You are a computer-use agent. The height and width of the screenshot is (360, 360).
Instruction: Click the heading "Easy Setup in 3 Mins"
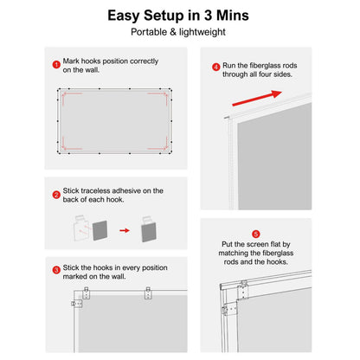tap(179, 16)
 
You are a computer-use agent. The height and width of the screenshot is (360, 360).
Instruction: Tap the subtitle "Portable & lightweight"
tap(179, 32)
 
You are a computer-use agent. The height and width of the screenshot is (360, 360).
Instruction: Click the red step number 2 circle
tap(57, 196)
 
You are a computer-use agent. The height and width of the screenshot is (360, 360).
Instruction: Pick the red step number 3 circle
tap(57, 270)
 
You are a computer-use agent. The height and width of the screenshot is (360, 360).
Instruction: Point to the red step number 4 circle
tap(216, 67)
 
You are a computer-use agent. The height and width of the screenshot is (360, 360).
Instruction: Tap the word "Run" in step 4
tap(233, 66)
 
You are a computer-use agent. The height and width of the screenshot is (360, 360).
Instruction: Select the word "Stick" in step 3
tap(74, 269)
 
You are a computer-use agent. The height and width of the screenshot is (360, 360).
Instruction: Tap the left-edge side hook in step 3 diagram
tap(76, 303)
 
